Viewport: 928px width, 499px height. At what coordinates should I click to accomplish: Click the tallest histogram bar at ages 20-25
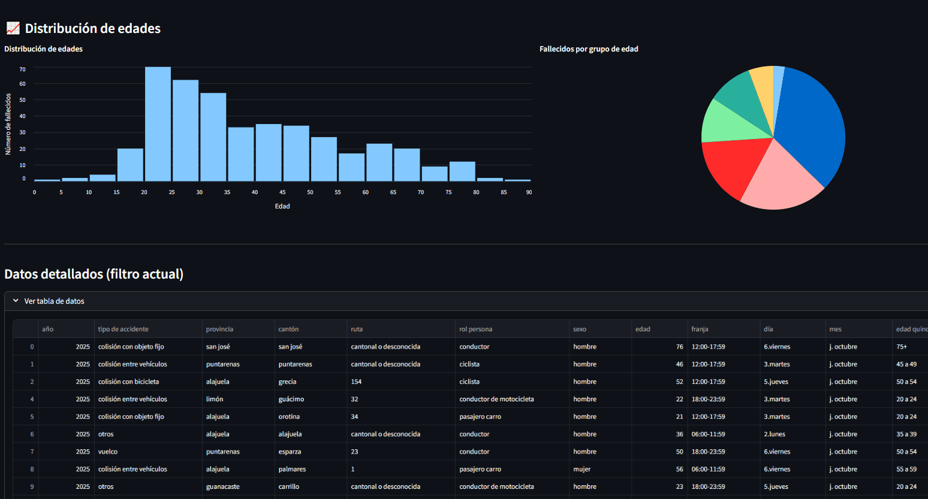click(158, 124)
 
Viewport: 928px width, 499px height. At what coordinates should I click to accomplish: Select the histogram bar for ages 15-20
click(130, 165)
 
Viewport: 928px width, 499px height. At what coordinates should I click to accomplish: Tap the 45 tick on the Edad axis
click(282, 192)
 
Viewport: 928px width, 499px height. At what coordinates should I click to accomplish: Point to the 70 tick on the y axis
click(23, 69)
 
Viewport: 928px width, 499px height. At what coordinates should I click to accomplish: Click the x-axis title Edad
click(282, 206)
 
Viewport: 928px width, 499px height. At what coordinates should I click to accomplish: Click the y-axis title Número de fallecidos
click(8, 124)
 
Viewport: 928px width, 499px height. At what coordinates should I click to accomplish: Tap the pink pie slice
click(779, 180)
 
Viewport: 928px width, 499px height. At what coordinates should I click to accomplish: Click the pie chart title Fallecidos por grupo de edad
click(589, 49)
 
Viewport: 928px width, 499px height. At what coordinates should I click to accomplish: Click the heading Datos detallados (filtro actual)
click(94, 274)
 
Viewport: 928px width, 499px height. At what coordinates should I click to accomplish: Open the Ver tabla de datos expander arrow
click(16, 301)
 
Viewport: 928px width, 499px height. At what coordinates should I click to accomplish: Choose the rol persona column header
click(475, 329)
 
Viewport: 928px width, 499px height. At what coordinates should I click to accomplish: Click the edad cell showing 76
click(679, 347)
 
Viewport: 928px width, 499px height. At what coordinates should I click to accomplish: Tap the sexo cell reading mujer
click(581, 469)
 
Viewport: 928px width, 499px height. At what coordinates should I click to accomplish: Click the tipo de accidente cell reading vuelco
click(108, 452)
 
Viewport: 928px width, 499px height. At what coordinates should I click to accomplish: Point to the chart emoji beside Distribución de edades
click(13, 28)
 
